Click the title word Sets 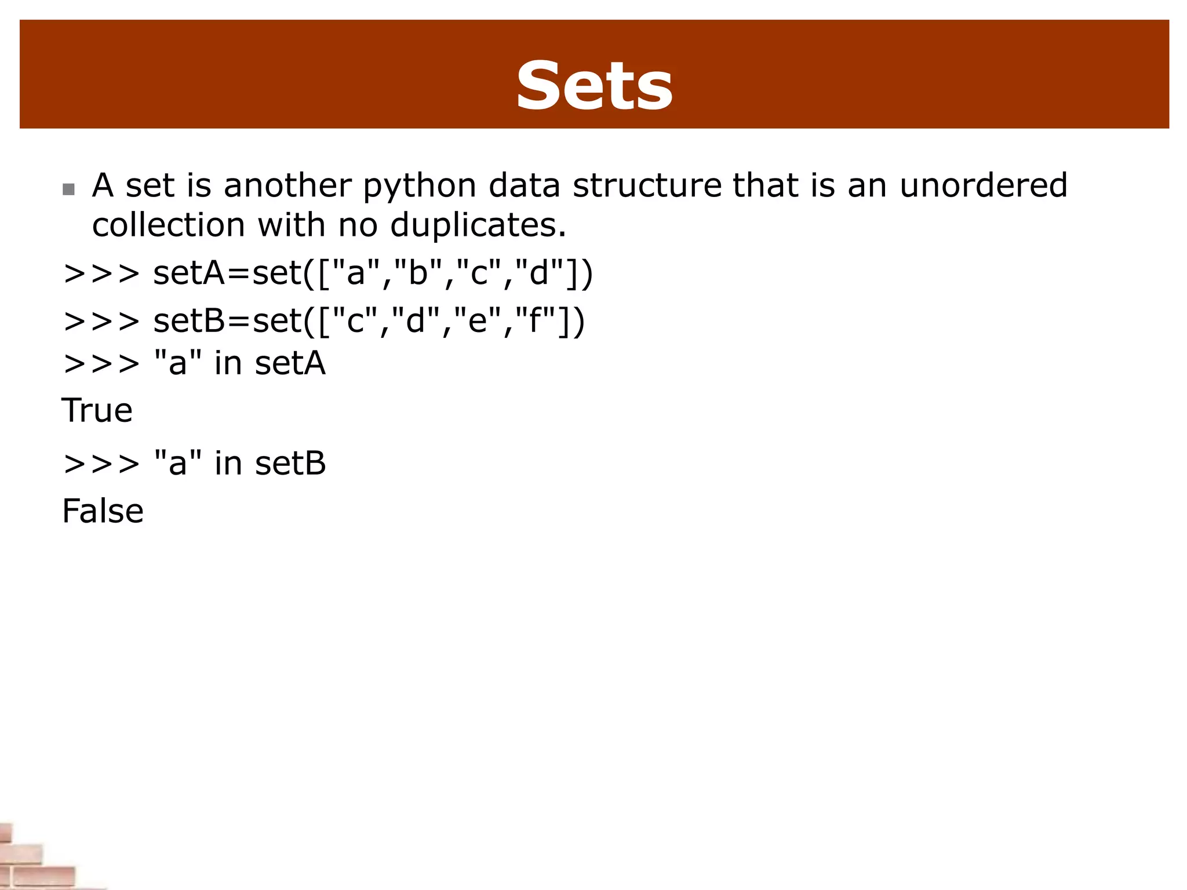594,87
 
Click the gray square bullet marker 68,189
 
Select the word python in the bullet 420,187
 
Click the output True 97,410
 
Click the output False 103,511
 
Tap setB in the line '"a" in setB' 290,464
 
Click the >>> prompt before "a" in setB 101,464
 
